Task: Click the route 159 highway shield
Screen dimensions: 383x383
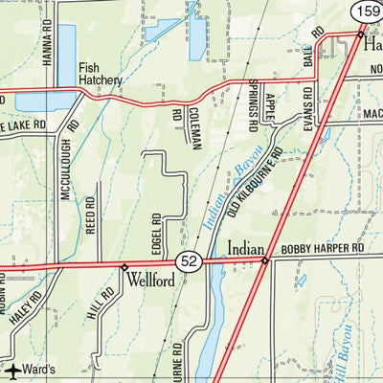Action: (369, 11)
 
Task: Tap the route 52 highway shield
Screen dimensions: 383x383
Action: (188, 261)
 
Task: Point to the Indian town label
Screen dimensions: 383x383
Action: (245, 248)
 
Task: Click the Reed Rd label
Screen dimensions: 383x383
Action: (91, 215)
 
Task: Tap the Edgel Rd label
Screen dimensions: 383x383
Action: (155, 233)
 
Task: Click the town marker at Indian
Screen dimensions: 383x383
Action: (265, 259)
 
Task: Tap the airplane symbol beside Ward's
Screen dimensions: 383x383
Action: (11, 371)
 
